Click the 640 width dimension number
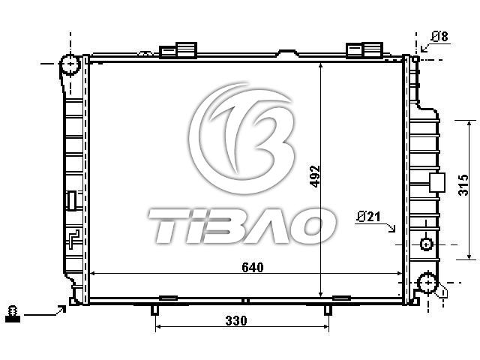coord(253,267)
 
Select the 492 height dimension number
coord(315,176)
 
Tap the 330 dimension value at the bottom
coord(236,320)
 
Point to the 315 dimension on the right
coord(463,185)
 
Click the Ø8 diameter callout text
coord(440,37)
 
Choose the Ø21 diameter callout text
coord(368,217)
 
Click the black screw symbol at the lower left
coord(13,313)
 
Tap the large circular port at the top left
coord(70,64)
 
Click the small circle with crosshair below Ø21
coord(426,244)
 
